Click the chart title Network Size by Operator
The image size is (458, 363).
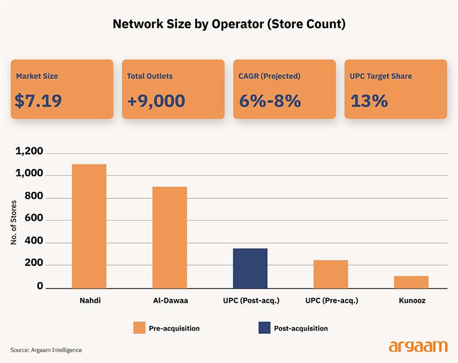click(229, 25)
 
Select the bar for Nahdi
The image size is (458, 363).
click(89, 226)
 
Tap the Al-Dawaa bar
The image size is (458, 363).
click(169, 237)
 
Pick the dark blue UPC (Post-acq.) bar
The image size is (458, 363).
click(250, 268)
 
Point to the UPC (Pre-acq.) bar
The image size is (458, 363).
click(331, 274)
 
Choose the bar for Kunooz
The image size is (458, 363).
click(411, 282)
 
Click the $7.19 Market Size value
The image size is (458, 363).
click(38, 101)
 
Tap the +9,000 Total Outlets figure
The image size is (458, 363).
click(156, 101)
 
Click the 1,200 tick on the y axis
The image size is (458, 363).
click(30, 152)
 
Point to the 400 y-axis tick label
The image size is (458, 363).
click(34, 242)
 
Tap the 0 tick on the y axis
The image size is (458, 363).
click(40, 286)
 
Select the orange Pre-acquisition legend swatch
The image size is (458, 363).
click(140, 328)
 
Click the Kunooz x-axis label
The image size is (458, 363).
click(411, 300)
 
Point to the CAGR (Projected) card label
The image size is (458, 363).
click(270, 76)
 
